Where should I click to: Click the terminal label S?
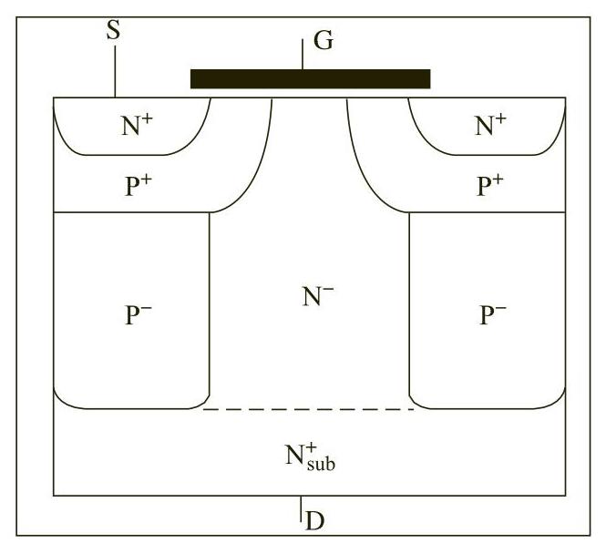pyautogui.click(x=114, y=30)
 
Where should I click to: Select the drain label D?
pyautogui.click(x=314, y=521)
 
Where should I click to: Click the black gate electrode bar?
pyautogui.click(x=310, y=79)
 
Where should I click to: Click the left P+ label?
pyautogui.click(x=137, y=186)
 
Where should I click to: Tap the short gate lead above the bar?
pyautogui.click(x=303, y=54)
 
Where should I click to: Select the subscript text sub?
pyautogui.click(x=321, y=464)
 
